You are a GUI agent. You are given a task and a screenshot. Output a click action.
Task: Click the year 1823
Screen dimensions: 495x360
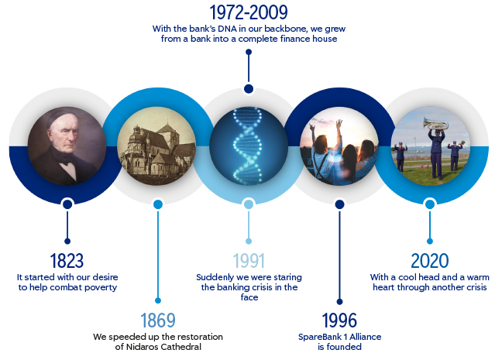point(67,261)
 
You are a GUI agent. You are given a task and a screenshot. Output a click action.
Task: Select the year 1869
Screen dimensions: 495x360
point(158,321)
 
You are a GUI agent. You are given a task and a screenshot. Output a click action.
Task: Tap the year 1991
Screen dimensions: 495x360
point(249,261)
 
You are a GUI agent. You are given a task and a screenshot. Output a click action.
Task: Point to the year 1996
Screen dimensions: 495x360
point(339,321)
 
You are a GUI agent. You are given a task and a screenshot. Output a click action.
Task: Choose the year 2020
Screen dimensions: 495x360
point(430,261)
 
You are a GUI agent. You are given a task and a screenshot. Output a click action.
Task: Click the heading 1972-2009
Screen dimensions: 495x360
point(249,12)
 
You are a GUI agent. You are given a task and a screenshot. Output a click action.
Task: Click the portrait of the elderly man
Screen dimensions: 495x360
point(67,146)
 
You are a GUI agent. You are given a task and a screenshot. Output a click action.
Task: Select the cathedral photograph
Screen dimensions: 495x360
point(156,146)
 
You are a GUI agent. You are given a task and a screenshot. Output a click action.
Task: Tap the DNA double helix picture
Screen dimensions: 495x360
point(249,146)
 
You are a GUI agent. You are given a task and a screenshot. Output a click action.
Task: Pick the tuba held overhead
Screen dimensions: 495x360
point(436,123)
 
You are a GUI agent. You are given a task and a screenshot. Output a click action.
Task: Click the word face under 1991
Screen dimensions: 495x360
point(249,297)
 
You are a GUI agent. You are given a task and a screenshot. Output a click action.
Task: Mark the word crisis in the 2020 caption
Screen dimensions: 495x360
point(476,287)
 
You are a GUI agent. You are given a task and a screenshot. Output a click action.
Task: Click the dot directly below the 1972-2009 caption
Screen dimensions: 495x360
point(249,52)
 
